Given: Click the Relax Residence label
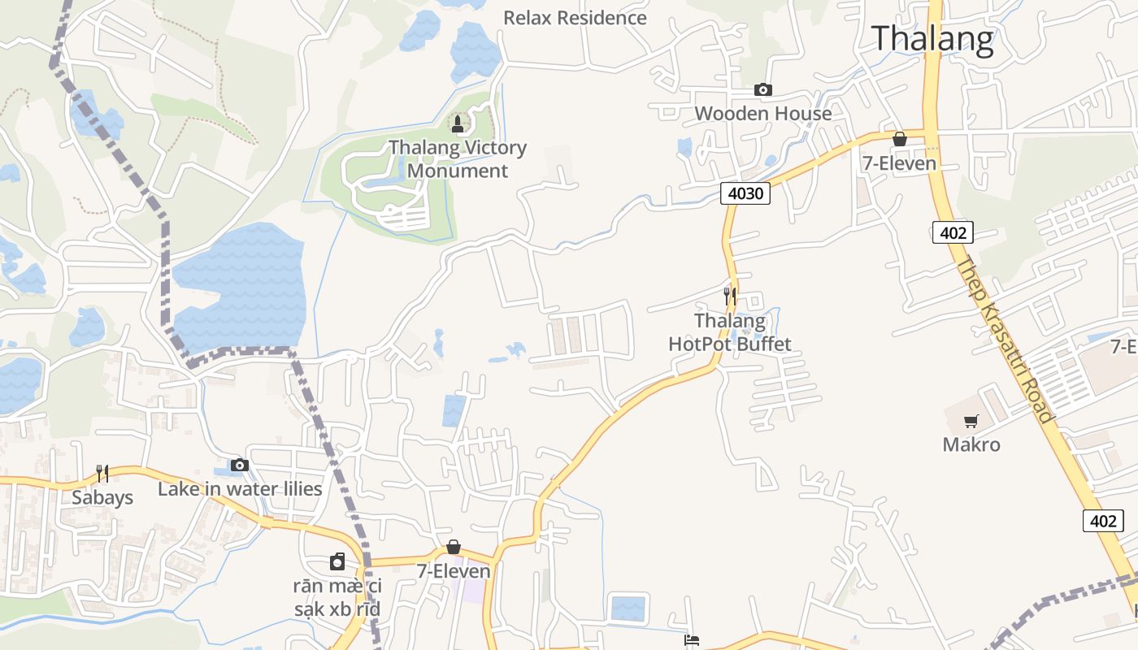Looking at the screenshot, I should pyautogui.click(x=575, y=18).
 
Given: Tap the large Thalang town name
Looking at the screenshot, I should pyautogui.click(x=932, y=38).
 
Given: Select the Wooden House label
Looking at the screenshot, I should pyautogui.click(x=762, y=113).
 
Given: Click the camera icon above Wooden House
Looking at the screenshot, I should pyautogui.click(x=762, y=89).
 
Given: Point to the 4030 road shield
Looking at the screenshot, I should pyautogui.click(x=745, y=193).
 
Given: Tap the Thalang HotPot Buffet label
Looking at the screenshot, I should pyautogui.click(x=729, y=332).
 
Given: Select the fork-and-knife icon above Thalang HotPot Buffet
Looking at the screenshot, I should pyautogui.click(x=729, y=296).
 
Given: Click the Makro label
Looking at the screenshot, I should pyautogui.click(x=971, y=444).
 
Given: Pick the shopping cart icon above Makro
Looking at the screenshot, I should pyautogui.click(x=971, y=421).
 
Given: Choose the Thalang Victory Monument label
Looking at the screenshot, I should pyautogui.click(x=458, y=159).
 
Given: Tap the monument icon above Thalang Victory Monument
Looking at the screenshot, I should pyautogui.click(x=458, y=123).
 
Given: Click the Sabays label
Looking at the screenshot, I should pyautogui.click(x=102, y=497).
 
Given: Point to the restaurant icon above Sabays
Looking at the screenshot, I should pyautogui.click(x=102, y=473).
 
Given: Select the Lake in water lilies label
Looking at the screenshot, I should pyautogui.click(x=240, y=488).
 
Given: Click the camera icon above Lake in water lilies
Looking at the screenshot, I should pyautogui.click(x=240, y=465).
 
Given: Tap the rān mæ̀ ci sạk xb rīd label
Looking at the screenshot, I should pyautogui.click(x=337, y=597).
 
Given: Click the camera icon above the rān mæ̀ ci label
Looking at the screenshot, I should pyautogui.click(x=337, y=561).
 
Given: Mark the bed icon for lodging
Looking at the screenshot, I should pyautogui.click(x=692, y=641).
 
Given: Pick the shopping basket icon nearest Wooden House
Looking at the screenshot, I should pyautogui.click(x=899, y=139).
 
